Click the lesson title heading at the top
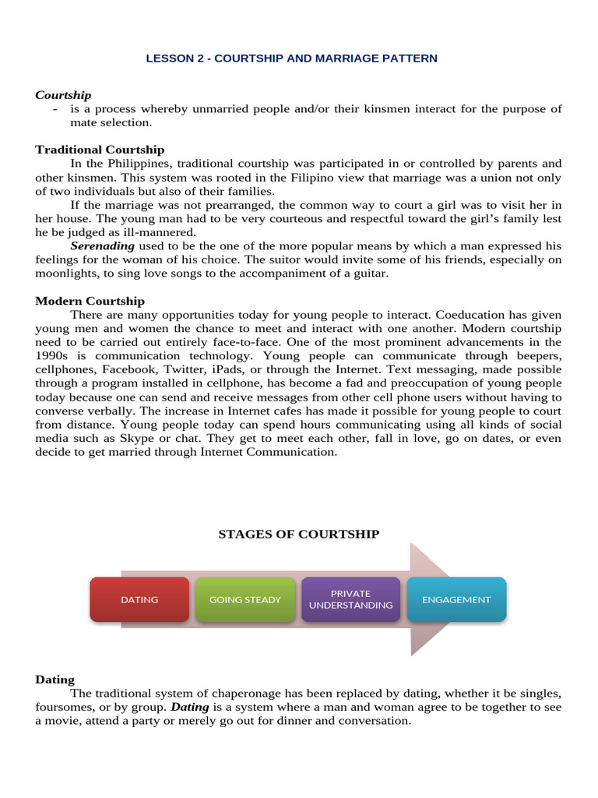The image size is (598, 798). point(291,58)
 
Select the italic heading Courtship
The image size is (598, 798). point(63,95)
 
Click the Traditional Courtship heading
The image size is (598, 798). point(100,150)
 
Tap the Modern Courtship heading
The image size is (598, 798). point(90,301)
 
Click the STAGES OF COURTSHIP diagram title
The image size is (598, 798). point(299,534)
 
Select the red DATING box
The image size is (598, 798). point(139,599)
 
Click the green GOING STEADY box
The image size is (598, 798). point(245,599)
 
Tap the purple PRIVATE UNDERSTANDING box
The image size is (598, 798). point(350,599)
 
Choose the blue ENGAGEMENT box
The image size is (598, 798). point(456,599)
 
